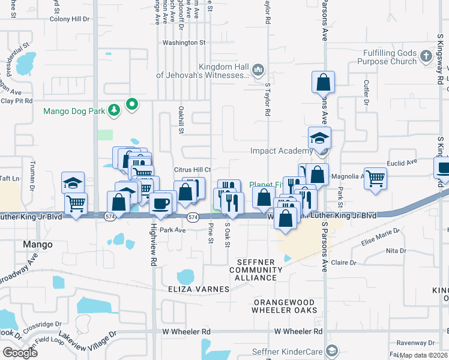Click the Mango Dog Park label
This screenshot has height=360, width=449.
pos(74,111)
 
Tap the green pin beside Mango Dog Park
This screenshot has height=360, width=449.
pos(131,106)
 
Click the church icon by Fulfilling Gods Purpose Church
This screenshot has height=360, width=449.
pos(426,56)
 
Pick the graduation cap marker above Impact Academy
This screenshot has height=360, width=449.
pos(319,137)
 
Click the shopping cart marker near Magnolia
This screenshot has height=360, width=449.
pos(375,178)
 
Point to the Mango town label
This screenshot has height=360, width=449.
pos(37,245)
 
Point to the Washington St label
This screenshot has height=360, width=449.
pos(184,43)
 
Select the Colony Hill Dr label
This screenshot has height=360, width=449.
pos(69,19)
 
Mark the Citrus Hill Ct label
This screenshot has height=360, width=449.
pos(192,170)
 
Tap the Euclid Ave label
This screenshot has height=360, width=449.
pos(403,163)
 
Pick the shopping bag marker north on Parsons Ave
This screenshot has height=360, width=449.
pos(323,82)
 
